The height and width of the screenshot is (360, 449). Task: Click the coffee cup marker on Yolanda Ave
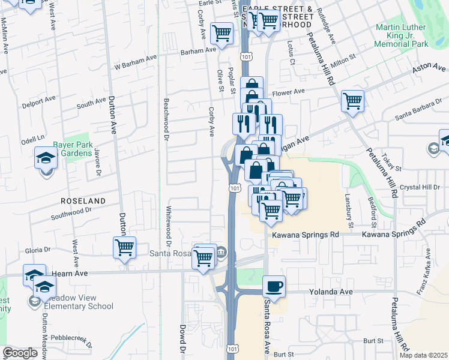pos(274,286)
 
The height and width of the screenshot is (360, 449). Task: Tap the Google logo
pos(20,353)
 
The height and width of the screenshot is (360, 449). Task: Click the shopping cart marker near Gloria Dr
pos(124,247)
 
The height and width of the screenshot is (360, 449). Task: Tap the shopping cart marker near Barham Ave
pos(221,33)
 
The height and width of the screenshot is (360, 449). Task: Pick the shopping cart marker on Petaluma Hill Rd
pos(352,100)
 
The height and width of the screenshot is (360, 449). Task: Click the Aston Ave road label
pos(426,71)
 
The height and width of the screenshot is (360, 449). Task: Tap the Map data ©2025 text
pos(423,355)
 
